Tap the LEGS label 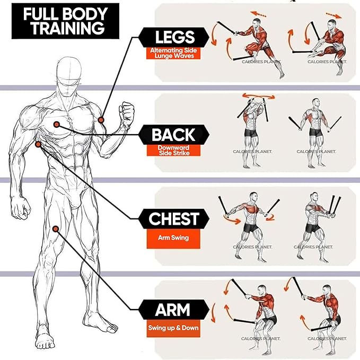click(174, 37)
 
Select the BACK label click(173, 134)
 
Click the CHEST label click(173, 218)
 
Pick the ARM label click(173, 309)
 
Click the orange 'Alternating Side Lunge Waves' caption click(174, 53)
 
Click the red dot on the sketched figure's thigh click(56, 229)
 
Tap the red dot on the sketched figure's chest click(56, 124)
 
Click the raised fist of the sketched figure click(127, 112)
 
